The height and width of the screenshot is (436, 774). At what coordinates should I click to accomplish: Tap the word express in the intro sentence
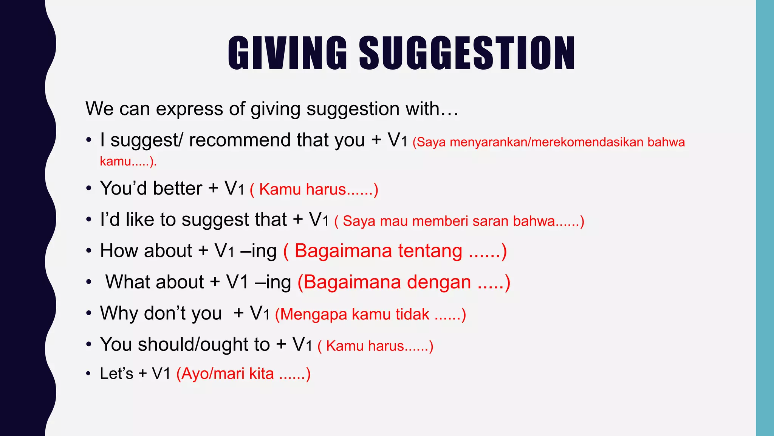(x=189, y=109)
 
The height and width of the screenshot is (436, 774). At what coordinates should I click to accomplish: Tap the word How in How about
(x=119, y=251)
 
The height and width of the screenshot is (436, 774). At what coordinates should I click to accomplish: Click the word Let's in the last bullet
(x=116, y=374)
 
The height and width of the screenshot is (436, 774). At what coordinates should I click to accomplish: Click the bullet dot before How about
(x=88, y=251)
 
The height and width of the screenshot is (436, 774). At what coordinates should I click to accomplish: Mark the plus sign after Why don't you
(x=238, y=313)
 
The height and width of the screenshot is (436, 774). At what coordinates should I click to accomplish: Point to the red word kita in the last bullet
(x=261, y=374)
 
